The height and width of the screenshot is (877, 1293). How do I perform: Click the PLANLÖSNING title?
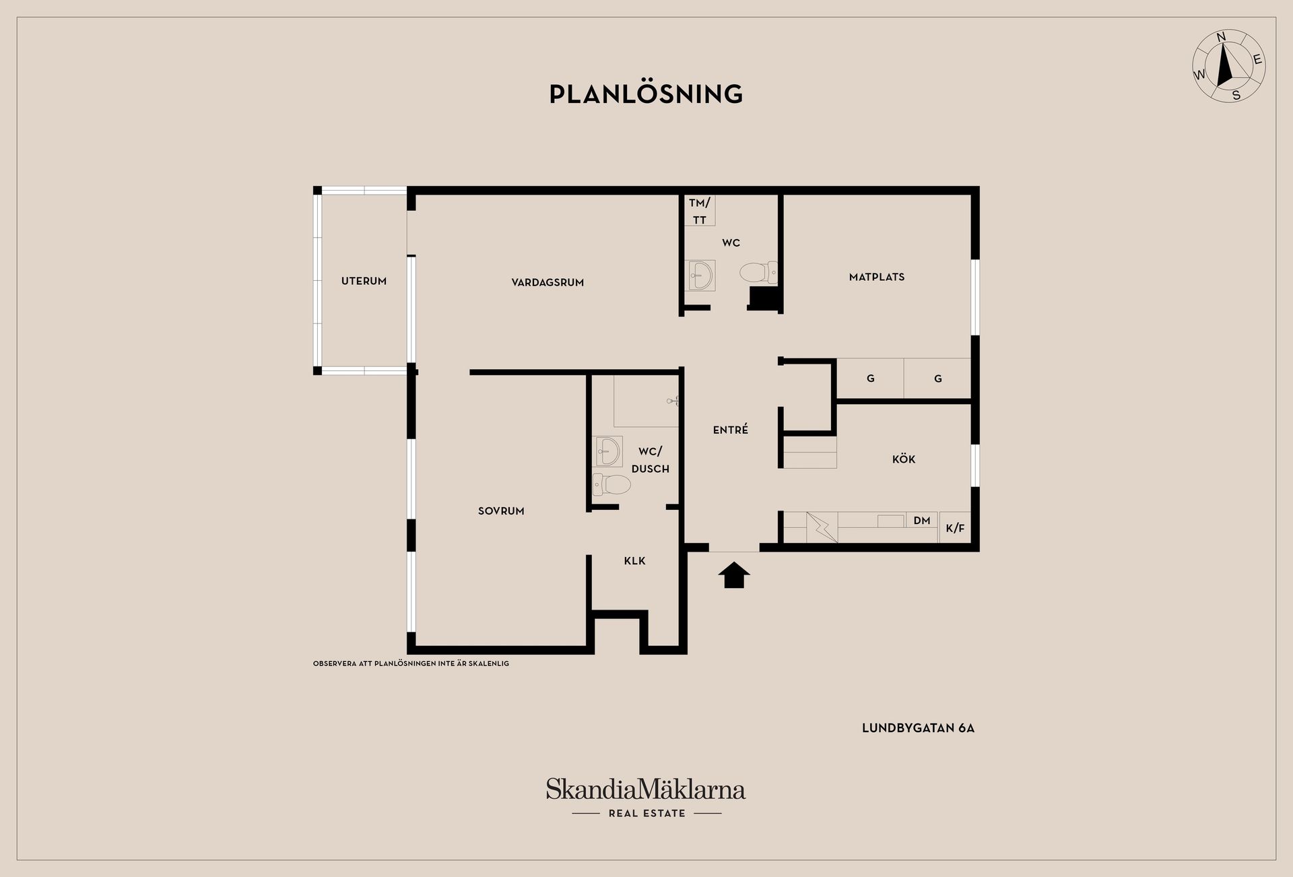point(646,94)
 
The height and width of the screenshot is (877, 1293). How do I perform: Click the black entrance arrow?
point(734,576)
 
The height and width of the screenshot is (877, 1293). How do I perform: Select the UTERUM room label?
point(364,281)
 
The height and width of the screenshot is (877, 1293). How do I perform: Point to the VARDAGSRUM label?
point(548,282)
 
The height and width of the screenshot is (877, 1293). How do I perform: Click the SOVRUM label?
point(501,511)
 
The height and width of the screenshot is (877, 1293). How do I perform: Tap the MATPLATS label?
point(877,277)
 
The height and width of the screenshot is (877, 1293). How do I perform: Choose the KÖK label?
point(904,459)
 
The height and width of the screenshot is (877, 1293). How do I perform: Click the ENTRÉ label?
point(731,429)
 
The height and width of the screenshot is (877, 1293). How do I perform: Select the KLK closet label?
point(635,560)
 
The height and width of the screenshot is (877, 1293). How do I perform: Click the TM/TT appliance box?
point(700,211)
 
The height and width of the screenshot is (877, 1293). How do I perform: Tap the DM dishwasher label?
point(922,520)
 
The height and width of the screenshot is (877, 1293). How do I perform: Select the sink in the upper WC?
point(700,275)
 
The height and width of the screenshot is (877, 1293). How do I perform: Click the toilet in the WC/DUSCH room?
point(611,484)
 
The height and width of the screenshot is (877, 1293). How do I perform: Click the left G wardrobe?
point(870,379)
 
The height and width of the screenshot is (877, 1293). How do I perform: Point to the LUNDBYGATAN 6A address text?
point(918,728)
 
